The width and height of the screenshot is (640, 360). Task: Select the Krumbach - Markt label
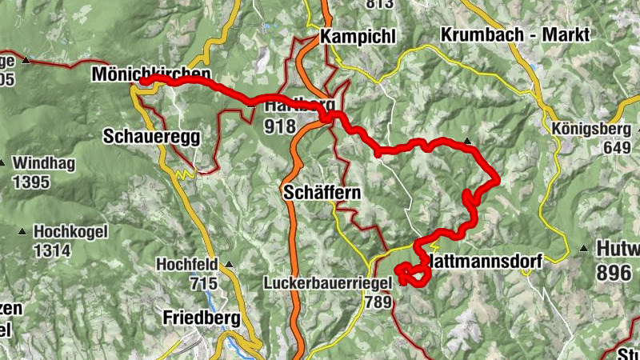514,35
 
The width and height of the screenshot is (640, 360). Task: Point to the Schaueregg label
150,136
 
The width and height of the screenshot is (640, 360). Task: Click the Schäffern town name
322,193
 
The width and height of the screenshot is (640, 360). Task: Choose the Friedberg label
201,318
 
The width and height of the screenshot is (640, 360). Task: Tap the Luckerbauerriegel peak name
327,283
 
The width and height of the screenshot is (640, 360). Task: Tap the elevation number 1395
30,182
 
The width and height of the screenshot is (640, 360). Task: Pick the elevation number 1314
52,251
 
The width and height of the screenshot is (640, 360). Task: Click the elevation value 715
204,282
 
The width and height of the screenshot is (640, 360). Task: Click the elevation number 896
614,272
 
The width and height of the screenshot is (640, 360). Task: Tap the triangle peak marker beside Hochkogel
22,233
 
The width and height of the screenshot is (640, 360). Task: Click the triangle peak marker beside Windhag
2,164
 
